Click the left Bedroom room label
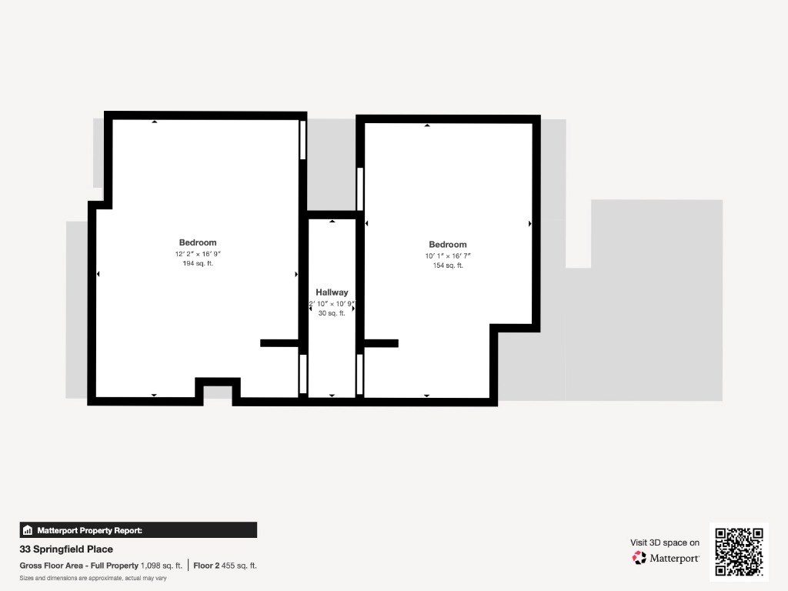(x=198, y=242)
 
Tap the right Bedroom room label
(x=448, y=245)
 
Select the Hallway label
(x=332, y=292)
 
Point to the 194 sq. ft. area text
(x=198, y=263)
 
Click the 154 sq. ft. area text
(x=448, y=265)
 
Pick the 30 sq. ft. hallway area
(x=332, y=313)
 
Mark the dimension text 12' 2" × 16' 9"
(x=198, y=254)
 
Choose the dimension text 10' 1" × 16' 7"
(x=448, y=255)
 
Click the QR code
(x=739, y=552)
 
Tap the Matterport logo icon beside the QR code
(x=639, y=558)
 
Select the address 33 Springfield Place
(x=66, y=549)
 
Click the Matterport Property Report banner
(x=139, y=530)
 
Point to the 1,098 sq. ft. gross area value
(x=162, y=566)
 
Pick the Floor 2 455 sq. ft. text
(x=225, y=566)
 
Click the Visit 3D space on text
(x=665, y=543)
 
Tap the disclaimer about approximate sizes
(x=93, y=578)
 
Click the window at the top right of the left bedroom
(x=303, y=140)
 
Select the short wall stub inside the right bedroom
(x=381, y=343)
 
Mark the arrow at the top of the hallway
(x=332, y=221)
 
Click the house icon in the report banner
(x=28, y=530)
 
